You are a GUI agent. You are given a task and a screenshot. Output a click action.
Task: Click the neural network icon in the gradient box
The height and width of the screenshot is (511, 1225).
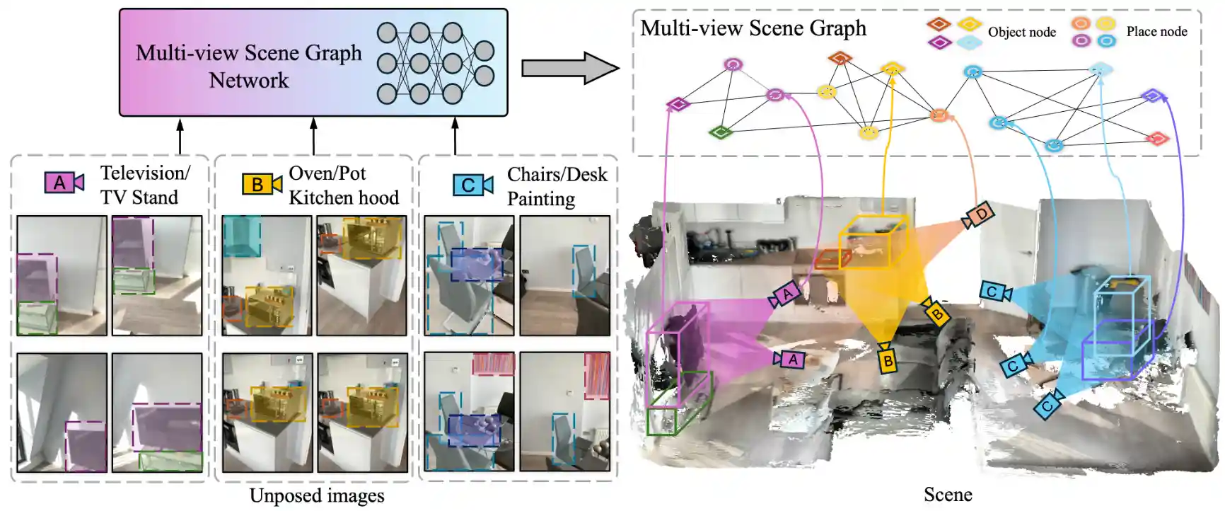(434, 63)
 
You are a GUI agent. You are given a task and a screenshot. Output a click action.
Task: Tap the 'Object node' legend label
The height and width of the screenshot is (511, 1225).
(1021, 32)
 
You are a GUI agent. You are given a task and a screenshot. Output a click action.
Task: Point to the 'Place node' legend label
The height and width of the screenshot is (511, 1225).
(1156, 32)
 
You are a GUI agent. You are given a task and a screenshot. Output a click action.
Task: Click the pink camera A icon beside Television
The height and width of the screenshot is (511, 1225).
(64, 183)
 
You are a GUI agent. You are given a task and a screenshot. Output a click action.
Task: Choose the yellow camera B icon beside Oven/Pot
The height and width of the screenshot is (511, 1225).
(261, 184)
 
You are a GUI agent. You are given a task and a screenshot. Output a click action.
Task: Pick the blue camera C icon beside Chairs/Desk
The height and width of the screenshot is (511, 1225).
(472, 185)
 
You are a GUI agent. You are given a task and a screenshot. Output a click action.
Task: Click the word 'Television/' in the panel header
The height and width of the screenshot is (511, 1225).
(145, 173)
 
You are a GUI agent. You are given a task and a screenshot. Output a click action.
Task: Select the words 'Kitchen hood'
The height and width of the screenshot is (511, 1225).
(344, 197)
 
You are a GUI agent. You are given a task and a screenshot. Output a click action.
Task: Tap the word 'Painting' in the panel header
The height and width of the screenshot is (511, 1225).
(541, 199)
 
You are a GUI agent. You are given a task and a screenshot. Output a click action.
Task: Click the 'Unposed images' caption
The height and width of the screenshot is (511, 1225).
(317, 495)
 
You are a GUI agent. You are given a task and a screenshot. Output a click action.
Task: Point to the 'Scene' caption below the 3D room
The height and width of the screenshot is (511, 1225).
(948, 495)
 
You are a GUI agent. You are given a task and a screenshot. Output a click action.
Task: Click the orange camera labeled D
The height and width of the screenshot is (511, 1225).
(979, 215)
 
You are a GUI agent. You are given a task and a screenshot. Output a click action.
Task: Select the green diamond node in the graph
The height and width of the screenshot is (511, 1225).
(720, 132)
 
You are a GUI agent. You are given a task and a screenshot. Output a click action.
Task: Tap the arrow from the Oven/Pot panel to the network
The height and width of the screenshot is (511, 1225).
(313, 136)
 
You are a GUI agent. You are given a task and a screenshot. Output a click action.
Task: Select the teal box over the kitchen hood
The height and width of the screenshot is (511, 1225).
(241, 236)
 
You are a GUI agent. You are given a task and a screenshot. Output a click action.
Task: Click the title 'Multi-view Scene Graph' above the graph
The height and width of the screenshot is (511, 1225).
(753, 28)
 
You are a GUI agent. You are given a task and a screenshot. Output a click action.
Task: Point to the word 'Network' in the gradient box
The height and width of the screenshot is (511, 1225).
(249, 81)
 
